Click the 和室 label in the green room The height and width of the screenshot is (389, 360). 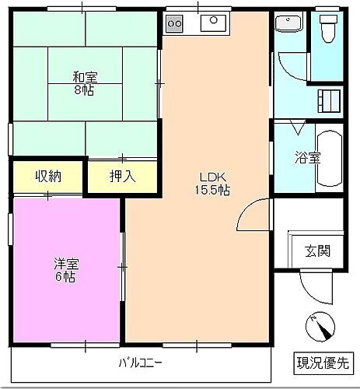[86, 76]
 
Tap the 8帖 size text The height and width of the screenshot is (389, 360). [86, 89]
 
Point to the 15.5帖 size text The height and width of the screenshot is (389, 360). [211, 189]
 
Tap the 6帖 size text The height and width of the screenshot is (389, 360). [65, 277]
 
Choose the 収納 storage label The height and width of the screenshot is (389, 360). [47, 176]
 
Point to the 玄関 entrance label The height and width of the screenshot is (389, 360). [316, 251]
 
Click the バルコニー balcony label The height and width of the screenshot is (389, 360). [140, 363]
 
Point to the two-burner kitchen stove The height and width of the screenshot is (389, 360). [173, 23]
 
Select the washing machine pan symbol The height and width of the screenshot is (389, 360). [330, 100]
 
